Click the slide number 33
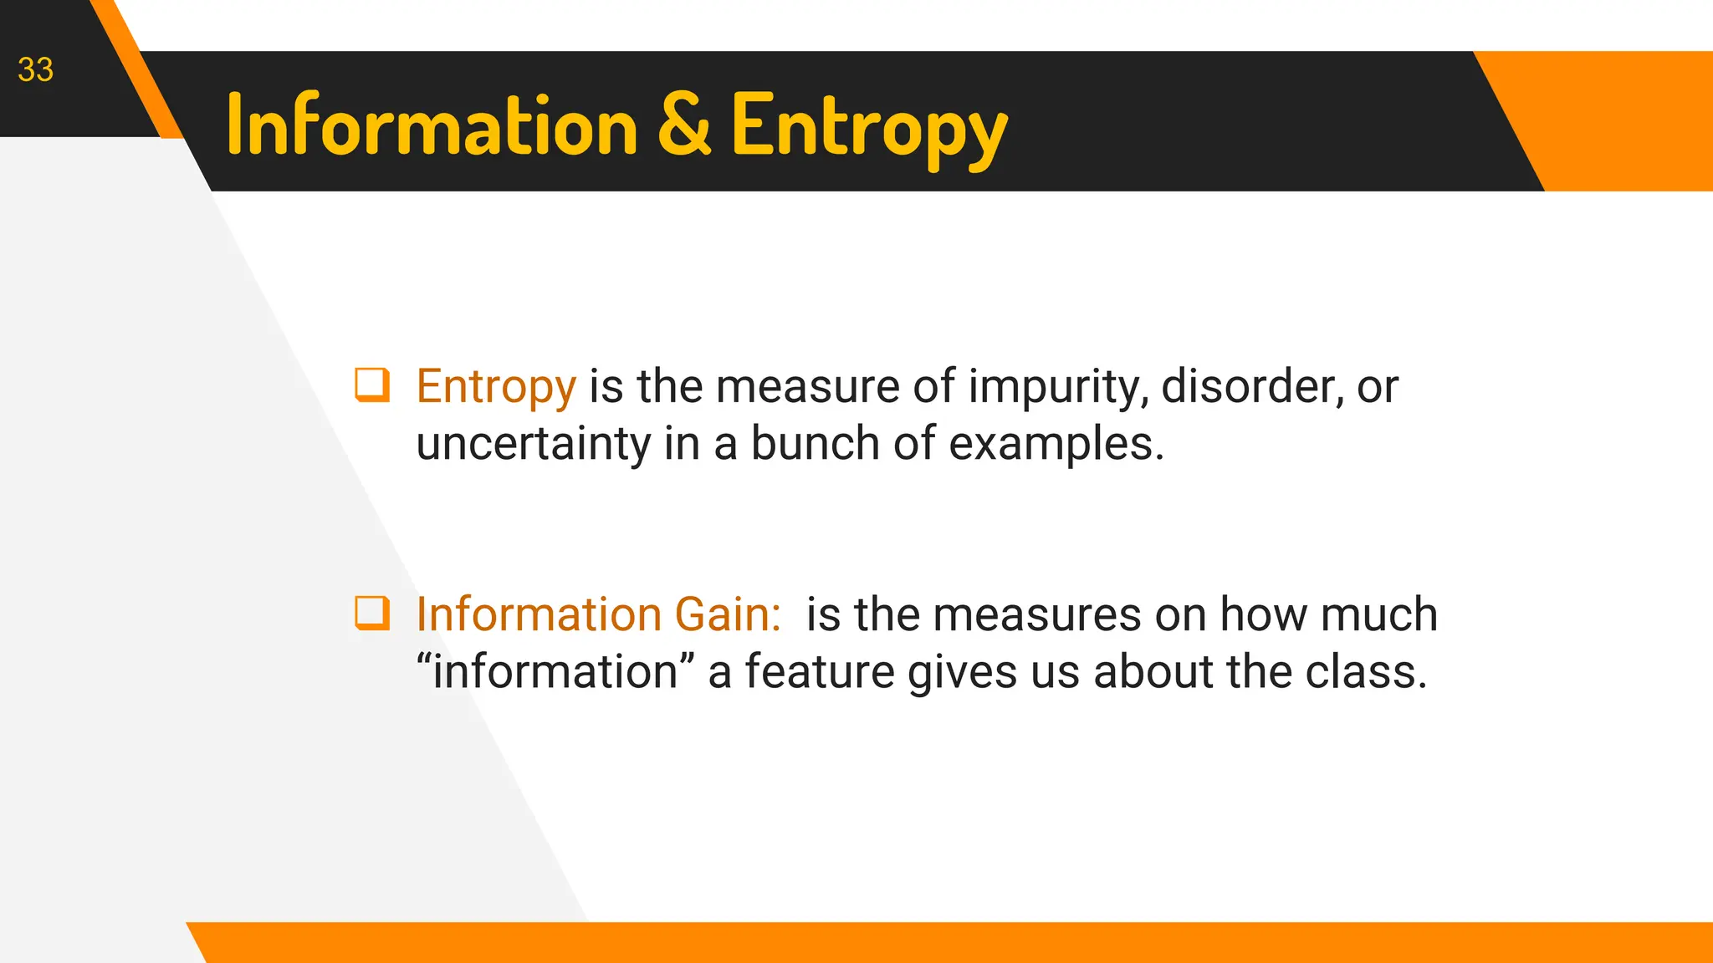coord(35,70)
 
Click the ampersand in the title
coord(684,125)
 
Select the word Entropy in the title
coord(869,127)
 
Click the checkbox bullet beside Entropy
coord(372,385)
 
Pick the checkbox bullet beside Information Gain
coord(372,613)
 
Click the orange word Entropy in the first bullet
coord(496,387)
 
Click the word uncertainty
coord(533,444)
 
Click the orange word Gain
coord(727,614)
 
